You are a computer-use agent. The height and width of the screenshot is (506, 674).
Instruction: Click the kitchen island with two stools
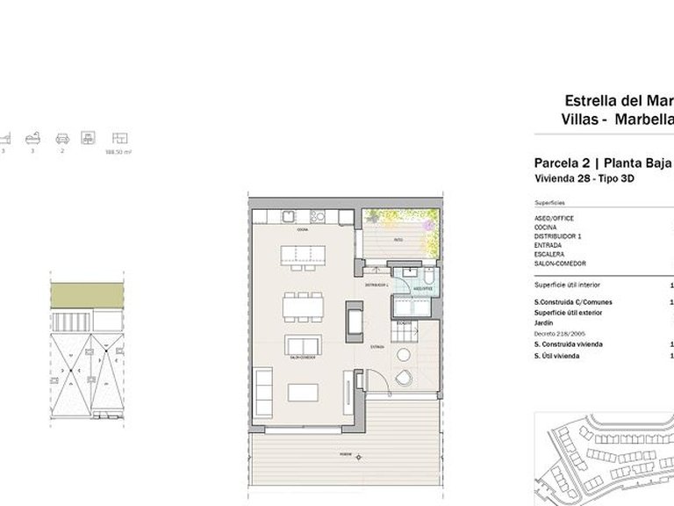pos(302,255)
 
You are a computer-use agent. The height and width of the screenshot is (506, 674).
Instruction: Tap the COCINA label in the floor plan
pos(302,230)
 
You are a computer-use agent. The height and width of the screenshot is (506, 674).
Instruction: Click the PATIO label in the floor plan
pos(398,238)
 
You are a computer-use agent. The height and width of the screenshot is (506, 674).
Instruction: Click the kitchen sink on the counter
pos(288,217)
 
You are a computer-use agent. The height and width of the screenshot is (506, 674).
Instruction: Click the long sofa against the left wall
pos(263,394)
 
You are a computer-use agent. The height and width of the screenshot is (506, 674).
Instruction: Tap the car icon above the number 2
pos(62,138)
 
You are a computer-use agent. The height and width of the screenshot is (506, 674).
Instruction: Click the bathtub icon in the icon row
pos(33,138)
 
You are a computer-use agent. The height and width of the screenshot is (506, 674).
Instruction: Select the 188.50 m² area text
pos(118,152)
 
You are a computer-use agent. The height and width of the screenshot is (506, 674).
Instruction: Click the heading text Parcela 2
pos(561,163)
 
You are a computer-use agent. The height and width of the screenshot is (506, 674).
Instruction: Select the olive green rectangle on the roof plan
pos(86,295)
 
